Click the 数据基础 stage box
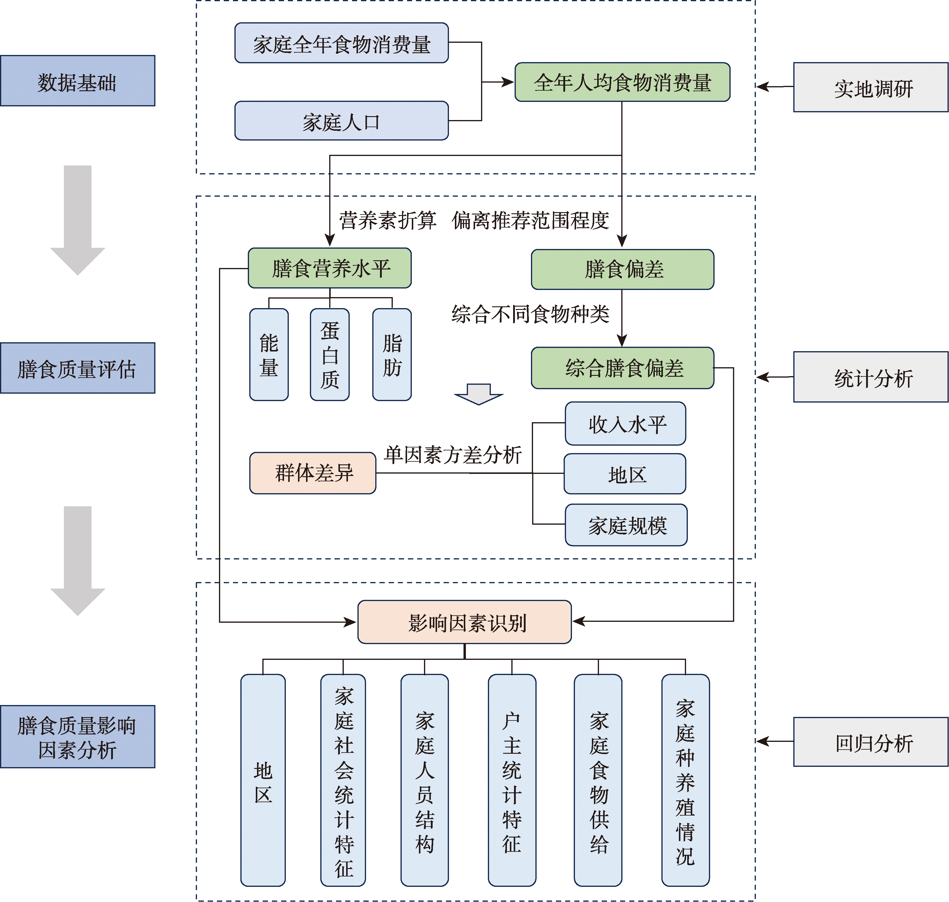tap(78, 81)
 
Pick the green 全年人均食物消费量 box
tap(622, 82)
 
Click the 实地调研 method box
tap(870, 88)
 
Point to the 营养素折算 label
tap(387, 220)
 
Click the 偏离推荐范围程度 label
tap(530, 220)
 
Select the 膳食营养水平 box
tap(330, 268)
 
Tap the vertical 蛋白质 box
tap(330, 355)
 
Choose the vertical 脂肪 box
tap(392, 355)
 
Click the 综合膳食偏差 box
tap(622, 368)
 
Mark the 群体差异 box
tap(313, 473)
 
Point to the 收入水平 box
tap(625, 424)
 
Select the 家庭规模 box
tap(626, 525)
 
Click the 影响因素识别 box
tap(464, 622)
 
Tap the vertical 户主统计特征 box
tap(512, 780)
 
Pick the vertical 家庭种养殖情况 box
tap(685, 780)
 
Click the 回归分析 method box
tap(870, 742)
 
